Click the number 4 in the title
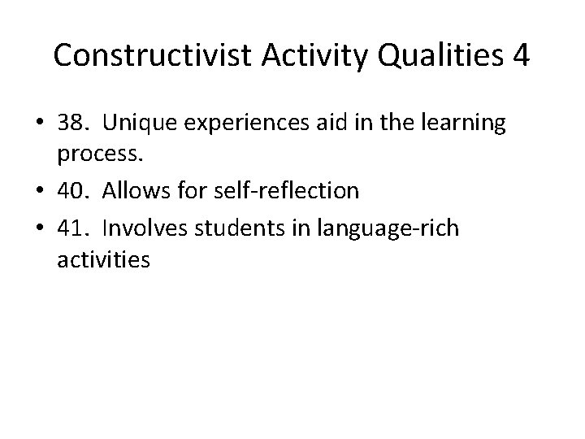pyautogui.click(x=521, y=56)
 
